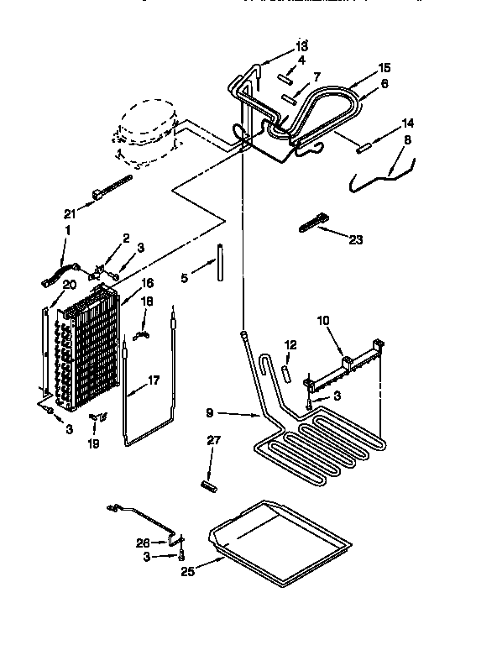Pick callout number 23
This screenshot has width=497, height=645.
(355, 239)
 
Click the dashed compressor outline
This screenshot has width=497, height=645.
(145, 132)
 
